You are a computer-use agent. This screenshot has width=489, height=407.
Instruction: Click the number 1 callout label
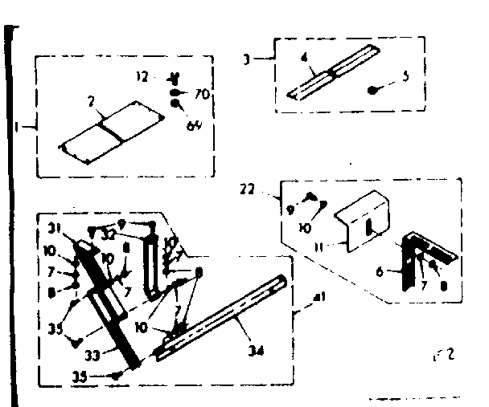18,127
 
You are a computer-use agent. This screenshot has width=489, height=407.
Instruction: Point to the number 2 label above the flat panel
92,101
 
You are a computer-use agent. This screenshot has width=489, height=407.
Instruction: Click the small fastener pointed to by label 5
373,91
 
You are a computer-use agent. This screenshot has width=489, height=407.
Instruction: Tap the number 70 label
201,94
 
